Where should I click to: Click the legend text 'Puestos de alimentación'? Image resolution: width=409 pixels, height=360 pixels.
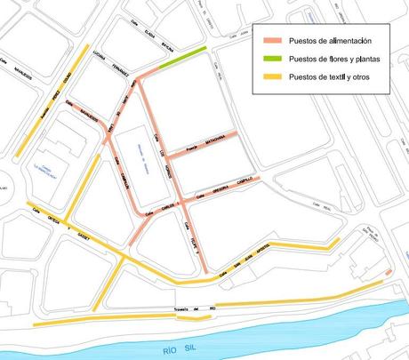point(323,42)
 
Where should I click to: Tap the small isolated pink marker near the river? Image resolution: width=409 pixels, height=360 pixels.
point(389,270)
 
